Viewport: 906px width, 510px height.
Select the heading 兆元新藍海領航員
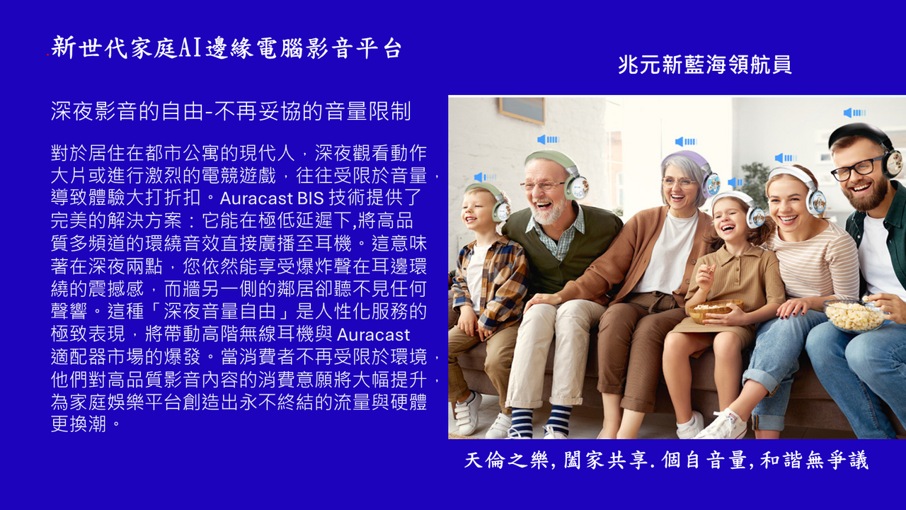click(704, 64)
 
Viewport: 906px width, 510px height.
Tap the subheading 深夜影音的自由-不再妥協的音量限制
click(231, 111)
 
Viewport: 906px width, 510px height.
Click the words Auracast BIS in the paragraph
click(272, 198)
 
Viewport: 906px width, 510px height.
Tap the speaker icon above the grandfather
click(548, 140)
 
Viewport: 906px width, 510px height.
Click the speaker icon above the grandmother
click(686, 142)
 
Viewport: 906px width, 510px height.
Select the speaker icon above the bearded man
click(854, 113)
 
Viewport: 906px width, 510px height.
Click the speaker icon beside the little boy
click(485, 177)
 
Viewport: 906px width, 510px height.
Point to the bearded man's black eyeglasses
click(858, 168)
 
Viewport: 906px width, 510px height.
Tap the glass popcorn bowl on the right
click(854, 316)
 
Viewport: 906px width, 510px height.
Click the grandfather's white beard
click(550, 210)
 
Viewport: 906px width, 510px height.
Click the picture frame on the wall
click(522, 110)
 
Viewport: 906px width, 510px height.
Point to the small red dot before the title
click(47, 55)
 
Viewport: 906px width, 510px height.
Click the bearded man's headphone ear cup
click(893, 163)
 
